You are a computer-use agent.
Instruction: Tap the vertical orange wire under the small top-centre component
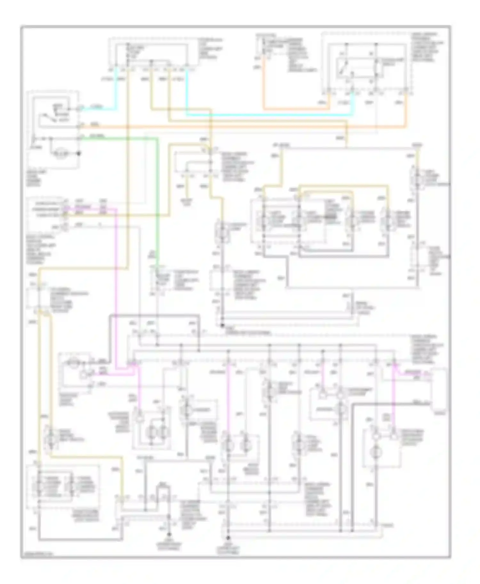(264, 86)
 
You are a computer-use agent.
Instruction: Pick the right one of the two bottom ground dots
(228, 538)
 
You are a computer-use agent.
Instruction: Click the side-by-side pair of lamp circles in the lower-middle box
(157, 432)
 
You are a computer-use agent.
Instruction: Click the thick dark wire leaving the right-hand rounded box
(384, 404)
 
